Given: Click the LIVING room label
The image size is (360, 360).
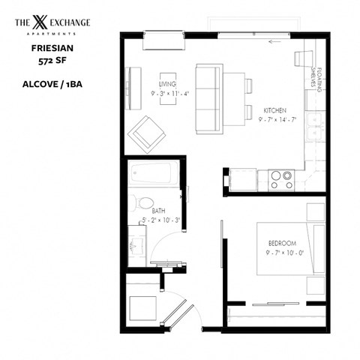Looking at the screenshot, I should pos(167,84).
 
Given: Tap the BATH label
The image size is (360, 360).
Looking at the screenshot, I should pos(158,211).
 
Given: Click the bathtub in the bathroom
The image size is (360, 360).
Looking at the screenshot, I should pos(152,174).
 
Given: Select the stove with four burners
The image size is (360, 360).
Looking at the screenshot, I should pos(281,179).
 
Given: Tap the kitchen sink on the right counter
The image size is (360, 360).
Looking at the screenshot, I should pos(317,125).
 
